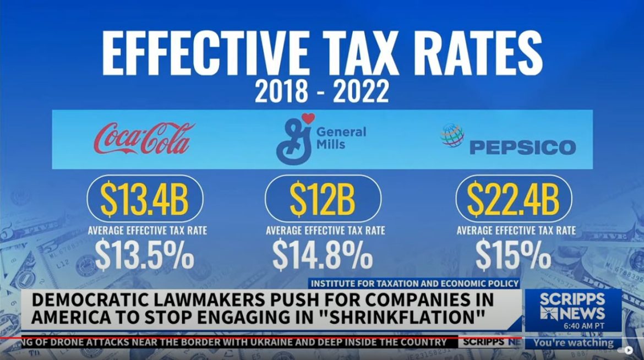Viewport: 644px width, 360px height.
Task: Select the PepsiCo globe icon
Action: coord(452,135)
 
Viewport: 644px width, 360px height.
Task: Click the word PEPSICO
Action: coord(522,148)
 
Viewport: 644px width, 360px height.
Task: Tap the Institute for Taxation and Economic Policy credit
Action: coord(414,283)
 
